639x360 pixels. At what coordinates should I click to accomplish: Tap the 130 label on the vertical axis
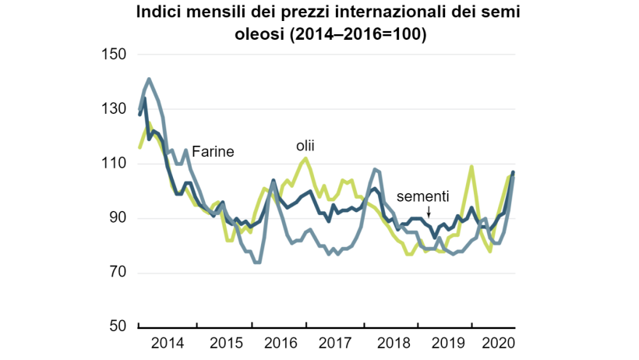115,109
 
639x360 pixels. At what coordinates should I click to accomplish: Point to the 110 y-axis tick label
115,164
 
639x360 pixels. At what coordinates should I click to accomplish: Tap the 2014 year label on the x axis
167,343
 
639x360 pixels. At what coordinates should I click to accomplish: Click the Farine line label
213,152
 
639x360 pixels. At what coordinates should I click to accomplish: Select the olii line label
305,146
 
